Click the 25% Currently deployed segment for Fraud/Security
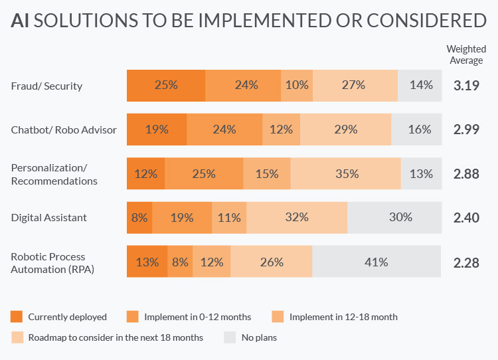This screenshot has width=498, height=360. pyautogui.click(x=166, y=85)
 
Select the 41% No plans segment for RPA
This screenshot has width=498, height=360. pyautogui.click(x=376, y=262)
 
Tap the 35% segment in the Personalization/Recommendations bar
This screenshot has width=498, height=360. pyautogui.click(x=346, y=173)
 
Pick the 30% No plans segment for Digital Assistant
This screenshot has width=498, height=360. pyautogui.click(x=394, y=217)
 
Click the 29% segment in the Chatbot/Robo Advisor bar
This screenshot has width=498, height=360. pyautogui.click(x=346, y=130)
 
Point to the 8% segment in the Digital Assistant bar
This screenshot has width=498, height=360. pyautogui.click(x=139, y=217)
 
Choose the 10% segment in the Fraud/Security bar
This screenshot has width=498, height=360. pyautogui.click(x=297, y=85)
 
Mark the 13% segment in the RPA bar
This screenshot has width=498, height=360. pyautogui.click(x=147, y=262)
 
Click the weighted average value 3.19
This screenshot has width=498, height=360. pyautogui.click(x=466, y=85)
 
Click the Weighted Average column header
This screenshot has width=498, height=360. pyautogui.click(x=466, y=54)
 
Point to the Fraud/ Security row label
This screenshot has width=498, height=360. pyautogui.click(x=46, y=86)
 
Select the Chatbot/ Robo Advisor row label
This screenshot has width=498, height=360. pyautogui.click(x=64, y=130)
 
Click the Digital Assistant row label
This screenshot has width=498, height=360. pyautogui.click(x=49, y=217)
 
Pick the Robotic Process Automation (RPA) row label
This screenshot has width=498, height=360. pyautogui.click(x=52, y=262)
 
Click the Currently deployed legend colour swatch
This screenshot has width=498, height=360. pyautogui.click(x=17, y=317)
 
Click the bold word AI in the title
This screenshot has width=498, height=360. pyautogui.click(x=20, y=21)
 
